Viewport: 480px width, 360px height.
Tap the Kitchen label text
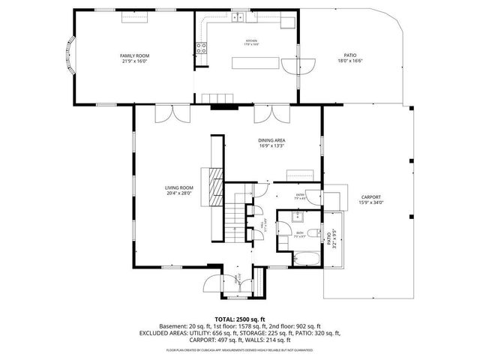251,40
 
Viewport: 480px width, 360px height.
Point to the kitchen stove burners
201,49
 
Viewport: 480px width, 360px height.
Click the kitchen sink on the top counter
238,16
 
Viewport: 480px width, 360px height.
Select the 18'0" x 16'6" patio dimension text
350,62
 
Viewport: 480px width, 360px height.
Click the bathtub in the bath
305,259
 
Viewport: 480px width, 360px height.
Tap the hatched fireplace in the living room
216,181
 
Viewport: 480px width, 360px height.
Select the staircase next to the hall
236,217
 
